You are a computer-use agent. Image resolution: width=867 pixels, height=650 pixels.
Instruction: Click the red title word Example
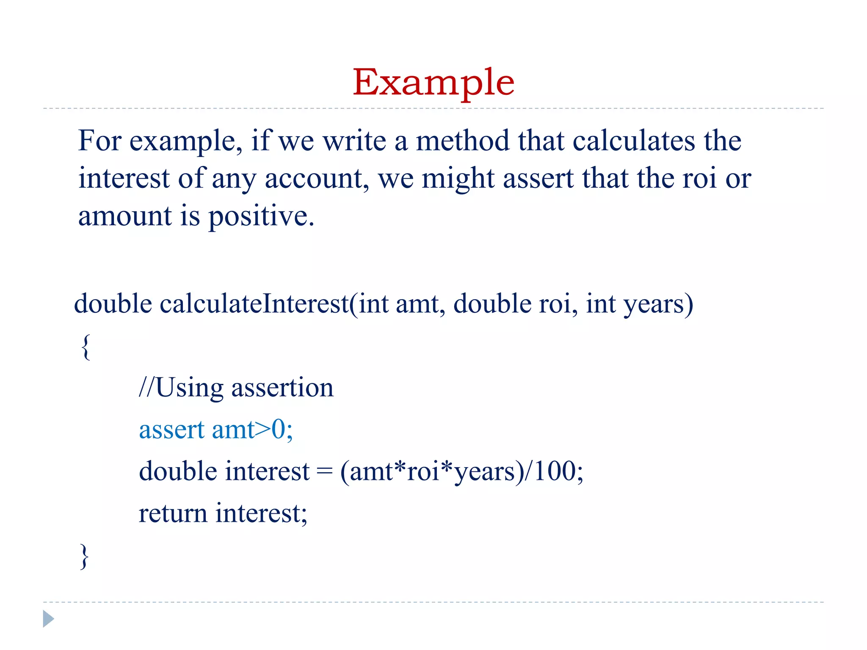pos(433,83)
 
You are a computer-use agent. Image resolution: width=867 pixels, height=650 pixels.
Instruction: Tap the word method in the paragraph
pos(462,141)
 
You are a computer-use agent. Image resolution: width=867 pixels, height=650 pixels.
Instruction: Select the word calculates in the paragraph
pos(634,141)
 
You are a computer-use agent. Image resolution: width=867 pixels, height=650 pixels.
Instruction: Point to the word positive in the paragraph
pos(261,217)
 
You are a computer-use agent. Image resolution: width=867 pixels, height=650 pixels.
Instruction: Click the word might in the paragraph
pos(458,179)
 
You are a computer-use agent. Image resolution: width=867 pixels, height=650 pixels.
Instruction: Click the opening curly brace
pos(86,347)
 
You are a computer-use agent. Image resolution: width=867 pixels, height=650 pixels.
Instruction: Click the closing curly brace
pos(85,556)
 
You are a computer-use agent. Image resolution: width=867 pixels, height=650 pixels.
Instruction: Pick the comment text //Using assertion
pos(236,388)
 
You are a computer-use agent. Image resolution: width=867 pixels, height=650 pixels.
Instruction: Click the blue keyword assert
pos(172,430)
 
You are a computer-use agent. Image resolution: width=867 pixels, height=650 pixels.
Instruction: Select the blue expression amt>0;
pos(252,430)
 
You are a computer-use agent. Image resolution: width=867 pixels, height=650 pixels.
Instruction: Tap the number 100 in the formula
pos(555,471)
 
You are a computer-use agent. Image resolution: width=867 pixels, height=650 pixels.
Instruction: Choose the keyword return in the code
pos(173,513)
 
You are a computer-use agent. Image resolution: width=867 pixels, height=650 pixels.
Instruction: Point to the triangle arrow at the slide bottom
pos(48,619)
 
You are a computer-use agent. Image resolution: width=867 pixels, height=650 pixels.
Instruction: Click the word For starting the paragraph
pos(100,141)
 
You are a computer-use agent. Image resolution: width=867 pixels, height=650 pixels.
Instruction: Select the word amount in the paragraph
pos(125,217)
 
